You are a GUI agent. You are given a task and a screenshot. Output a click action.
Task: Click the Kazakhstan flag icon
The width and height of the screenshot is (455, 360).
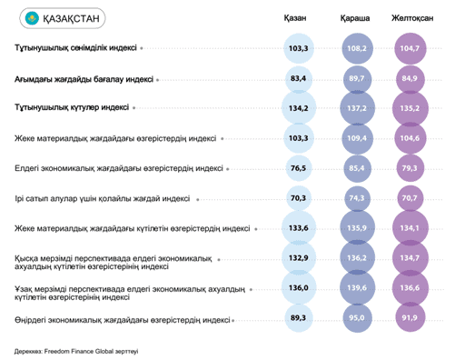32,18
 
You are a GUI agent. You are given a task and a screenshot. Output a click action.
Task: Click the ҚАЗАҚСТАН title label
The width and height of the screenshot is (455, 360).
71,18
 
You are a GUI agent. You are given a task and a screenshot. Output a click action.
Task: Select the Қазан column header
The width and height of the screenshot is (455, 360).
295,18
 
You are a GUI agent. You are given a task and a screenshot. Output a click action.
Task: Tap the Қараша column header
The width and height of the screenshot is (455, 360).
355,18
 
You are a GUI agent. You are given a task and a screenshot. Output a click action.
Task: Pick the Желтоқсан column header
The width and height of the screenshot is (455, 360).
412,18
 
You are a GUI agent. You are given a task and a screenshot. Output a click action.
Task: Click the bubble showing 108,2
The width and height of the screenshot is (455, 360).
357,48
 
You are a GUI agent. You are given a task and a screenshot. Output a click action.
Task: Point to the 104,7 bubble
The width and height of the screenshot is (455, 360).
410,48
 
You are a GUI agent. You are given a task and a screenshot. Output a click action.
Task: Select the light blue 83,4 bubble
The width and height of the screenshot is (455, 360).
299,78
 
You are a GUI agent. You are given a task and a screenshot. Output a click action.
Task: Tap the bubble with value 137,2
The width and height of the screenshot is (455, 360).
357,108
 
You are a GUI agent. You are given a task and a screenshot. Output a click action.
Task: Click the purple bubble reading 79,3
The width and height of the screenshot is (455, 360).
410,168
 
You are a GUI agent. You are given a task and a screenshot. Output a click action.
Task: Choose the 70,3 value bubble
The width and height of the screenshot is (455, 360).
299,198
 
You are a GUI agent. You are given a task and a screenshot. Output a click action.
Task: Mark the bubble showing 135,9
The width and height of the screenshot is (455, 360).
357,228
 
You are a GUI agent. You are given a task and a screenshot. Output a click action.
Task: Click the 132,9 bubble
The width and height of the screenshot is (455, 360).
299,258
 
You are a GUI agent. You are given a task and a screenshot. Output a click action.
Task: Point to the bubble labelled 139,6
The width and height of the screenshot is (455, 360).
357,288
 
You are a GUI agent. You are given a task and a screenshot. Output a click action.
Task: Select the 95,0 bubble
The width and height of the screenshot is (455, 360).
357,318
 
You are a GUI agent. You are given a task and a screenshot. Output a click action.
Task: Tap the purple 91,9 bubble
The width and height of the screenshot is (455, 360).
410,318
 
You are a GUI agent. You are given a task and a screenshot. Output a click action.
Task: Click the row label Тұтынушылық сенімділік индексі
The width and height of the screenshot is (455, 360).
75,48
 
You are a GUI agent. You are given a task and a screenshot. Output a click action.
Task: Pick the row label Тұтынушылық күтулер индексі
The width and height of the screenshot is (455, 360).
72,107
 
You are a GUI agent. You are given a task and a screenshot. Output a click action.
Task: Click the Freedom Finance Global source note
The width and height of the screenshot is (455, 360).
76,352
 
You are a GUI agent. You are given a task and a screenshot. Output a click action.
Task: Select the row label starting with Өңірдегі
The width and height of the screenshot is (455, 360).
123,320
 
